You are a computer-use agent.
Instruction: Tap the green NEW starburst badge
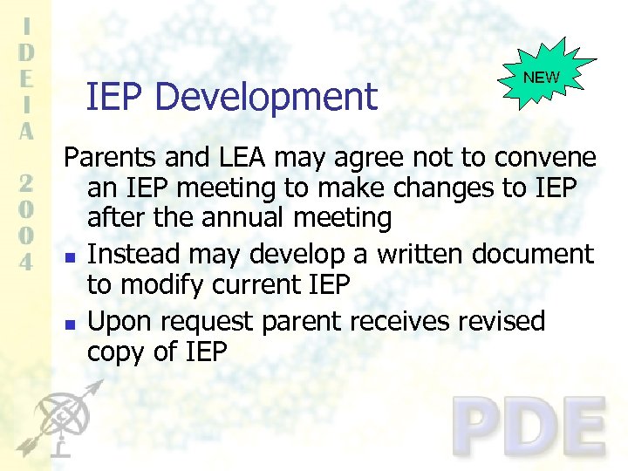pos(542,78)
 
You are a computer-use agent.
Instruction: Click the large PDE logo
pos(529,427)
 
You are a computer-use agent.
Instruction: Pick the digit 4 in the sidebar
pos(27,262)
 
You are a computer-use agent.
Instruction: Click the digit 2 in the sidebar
pos(27,183)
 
